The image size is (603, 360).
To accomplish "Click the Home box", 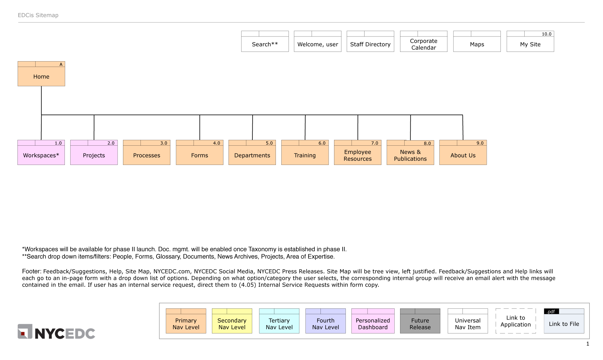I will (41, 76).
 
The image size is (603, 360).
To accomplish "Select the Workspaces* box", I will (41, 155).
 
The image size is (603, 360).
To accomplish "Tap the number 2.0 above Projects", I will (111, 143).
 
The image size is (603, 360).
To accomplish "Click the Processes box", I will (147, 155).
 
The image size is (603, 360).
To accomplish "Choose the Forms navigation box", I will (199, 155).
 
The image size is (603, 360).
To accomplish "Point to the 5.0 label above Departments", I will (269, 143).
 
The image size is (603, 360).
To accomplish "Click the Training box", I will (305, 155).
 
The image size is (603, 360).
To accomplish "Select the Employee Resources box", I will (358, 155).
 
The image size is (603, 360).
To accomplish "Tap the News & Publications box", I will (410, 155).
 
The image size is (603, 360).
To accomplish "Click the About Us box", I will (463, 155).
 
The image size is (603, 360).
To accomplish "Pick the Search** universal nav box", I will (265, 44).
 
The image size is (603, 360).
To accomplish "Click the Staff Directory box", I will (370, 44).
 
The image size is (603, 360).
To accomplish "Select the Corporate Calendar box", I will (424, 44).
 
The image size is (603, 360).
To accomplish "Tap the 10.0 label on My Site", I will (546, 34).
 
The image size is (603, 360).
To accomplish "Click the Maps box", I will (477, 44).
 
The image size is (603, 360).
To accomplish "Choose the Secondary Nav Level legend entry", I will (232, 324).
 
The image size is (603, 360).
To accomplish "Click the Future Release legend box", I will (420, 324).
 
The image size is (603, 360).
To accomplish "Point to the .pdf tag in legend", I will (551, 311).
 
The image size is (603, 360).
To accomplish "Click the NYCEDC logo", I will (56, 332).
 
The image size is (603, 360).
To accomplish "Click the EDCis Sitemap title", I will (38, 15).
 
